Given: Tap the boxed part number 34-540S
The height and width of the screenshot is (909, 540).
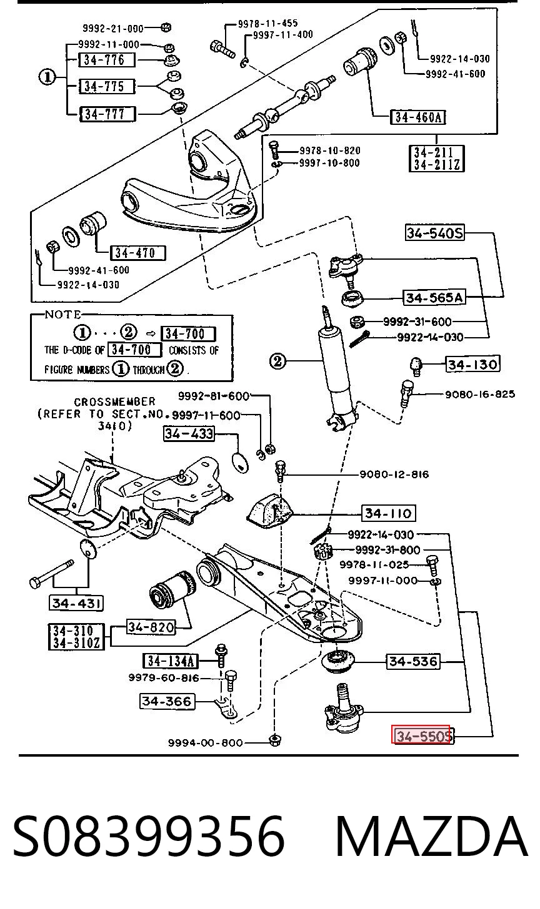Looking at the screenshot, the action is [x=435, y=233].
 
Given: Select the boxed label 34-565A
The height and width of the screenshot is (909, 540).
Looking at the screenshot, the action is [x=434, y=297].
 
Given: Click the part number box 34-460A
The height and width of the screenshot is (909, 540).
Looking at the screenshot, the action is [x=417, y=117].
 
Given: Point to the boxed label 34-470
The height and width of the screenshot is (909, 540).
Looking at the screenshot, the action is [x=138, y=253].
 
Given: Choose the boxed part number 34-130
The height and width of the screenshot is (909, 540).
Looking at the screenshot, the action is [x=472, y=364].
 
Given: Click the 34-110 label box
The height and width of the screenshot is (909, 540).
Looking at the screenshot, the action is [x=389, y=513].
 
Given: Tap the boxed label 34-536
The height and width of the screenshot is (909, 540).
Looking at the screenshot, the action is [x=413, y=662].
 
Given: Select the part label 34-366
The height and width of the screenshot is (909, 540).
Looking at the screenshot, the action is [x=167, y=701].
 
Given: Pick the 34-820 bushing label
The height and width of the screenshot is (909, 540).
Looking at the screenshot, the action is [x=151, y=627].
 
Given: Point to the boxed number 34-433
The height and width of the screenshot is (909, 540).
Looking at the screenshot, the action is [x=189, y=433].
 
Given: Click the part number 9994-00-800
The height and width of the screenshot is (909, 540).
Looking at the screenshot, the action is [x=205, y=743].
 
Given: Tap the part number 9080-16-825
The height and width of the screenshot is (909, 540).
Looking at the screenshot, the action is [x=480, y=394].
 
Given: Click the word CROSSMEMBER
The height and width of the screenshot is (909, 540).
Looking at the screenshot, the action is [x=114, y=402].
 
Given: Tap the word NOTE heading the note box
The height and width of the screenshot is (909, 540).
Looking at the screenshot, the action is [x=62, y=315].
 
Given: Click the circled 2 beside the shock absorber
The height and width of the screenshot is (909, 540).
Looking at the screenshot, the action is [x=278, y=361].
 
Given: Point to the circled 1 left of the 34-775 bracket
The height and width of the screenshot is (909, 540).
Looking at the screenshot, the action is [x=47, y=77].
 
